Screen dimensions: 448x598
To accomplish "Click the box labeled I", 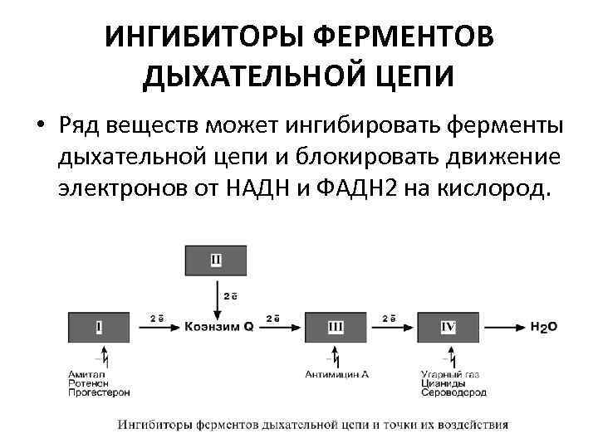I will point(99,327).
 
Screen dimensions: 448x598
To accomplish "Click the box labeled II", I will point(215,261).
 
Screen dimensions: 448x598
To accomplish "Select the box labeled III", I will point(335,327).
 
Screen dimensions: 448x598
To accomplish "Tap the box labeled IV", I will point(448,327).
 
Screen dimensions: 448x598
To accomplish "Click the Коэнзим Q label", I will point(218,328).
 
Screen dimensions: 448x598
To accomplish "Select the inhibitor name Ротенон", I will point(86,383).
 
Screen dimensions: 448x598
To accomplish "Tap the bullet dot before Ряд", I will point(40,126).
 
